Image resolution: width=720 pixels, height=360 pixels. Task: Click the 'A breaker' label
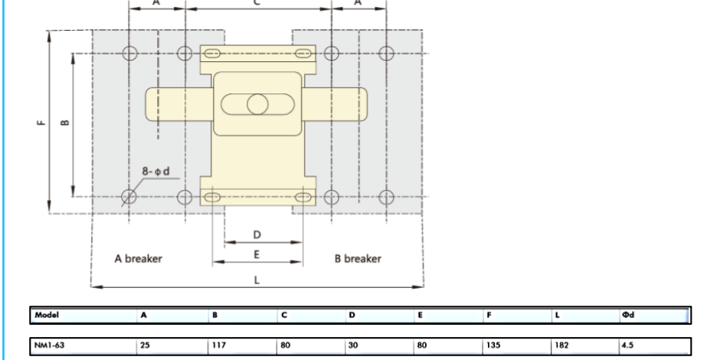[x=138, y=259]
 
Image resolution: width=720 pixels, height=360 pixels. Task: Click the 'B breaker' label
[x=358, y=259]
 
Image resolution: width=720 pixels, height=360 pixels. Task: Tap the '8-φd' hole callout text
[x=155, y=172]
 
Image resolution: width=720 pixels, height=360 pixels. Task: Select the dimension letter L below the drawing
[x=257, y=280]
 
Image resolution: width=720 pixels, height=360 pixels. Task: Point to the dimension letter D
[x=257, y=234]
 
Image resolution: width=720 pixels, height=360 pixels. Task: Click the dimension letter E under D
[x=257, y=254]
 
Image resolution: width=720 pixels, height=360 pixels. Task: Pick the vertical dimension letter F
[x=41, y=122]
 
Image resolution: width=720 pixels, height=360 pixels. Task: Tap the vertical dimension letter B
[x=65, y=122]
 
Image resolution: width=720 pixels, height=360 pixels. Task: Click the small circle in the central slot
[x=257, y=104]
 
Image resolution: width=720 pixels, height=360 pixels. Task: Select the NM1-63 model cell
[x=50, y=345]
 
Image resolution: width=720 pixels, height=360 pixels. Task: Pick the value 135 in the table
[x=493, y=345]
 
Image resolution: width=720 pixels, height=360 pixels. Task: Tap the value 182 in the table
[x=561, y=345]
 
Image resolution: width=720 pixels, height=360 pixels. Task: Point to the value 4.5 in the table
[x=628, y=345]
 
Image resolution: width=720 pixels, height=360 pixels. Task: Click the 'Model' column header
[x=47, y=316]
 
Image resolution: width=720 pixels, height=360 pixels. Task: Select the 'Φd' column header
[x=628, y=316]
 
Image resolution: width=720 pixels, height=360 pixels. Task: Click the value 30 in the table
[x=353, y=345]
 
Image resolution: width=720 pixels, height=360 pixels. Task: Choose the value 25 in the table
[x=145, y=345]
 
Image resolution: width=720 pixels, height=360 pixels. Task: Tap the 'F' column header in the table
[x=489, y=316]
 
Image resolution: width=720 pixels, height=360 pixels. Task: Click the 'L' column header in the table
[x=557, y=316]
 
